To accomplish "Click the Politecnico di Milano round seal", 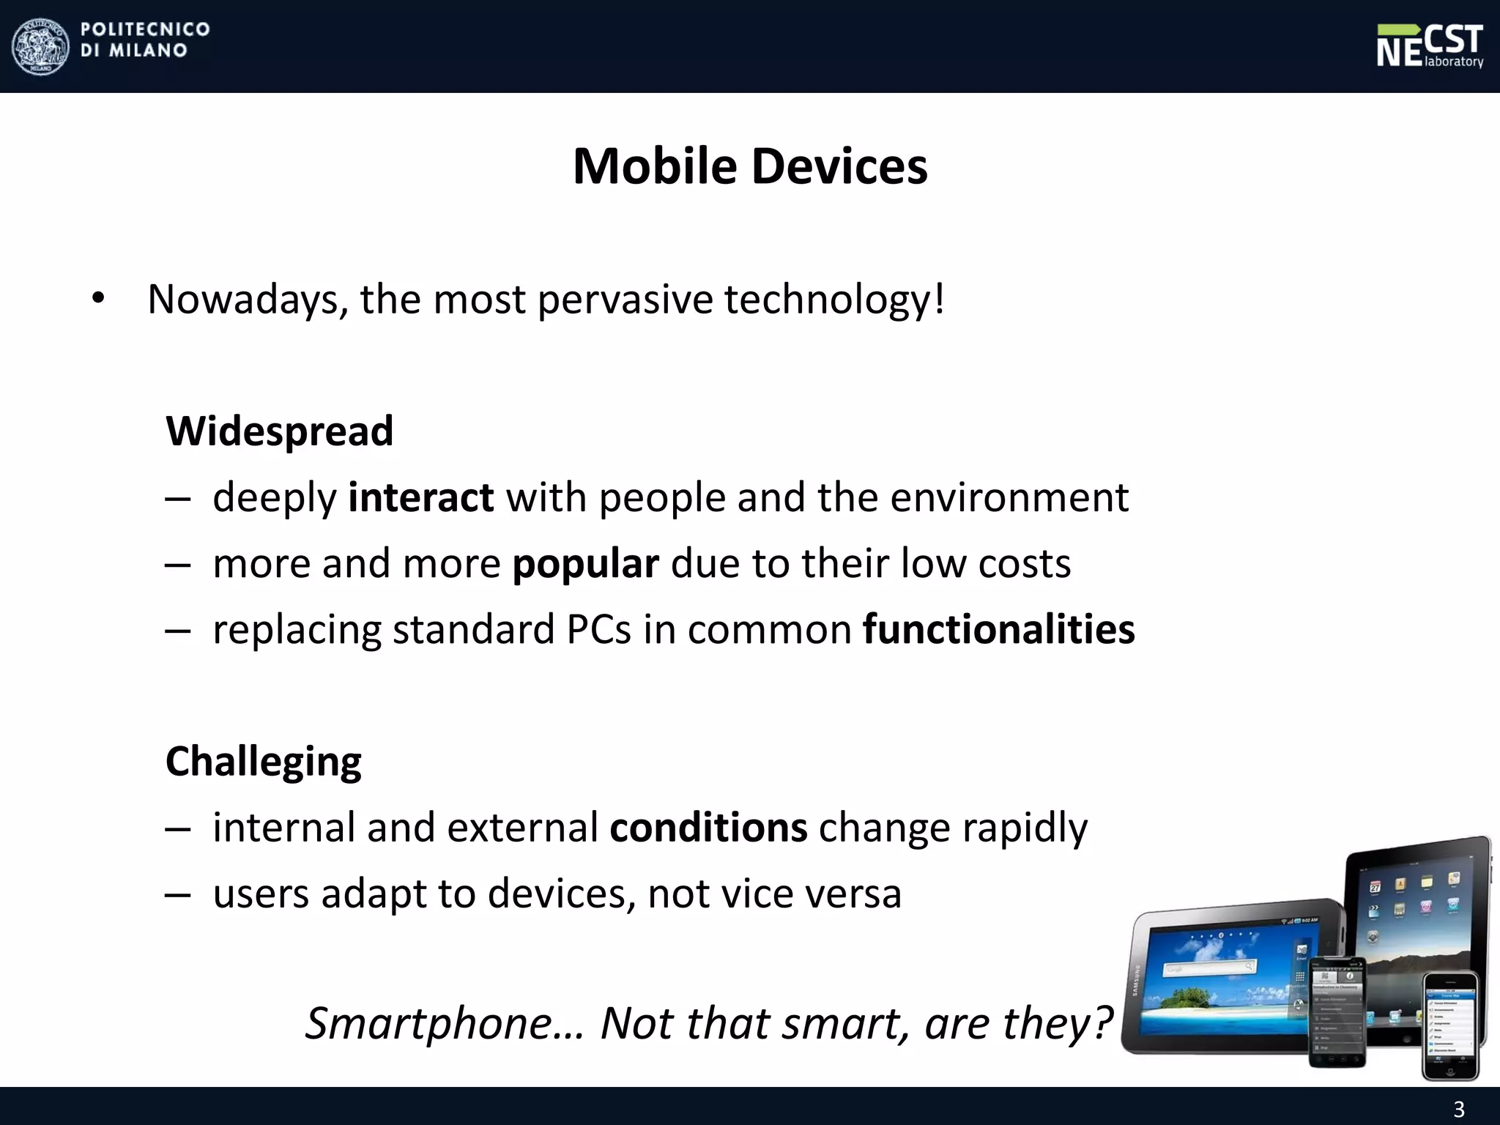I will [41, 46].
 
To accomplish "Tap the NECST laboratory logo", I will [1429, 46].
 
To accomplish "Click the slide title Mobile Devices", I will [750, 166].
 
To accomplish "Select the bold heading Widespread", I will [279, 431].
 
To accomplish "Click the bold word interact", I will [420, 497].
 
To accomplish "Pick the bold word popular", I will [585, 564].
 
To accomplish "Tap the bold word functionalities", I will [998, 630].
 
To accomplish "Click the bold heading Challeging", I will [263, 761].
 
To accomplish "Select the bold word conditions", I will [708, 828].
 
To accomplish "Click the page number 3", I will [1458, 1109].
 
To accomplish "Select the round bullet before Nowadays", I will [98, 299].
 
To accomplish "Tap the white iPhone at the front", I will [1449, 1025].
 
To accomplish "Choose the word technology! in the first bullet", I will [834, 300].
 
